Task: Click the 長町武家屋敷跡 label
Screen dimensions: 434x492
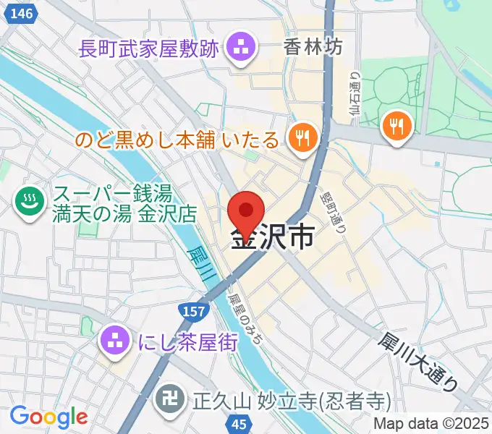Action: pos(148,50)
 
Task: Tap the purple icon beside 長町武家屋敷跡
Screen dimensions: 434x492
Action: pos(238,49)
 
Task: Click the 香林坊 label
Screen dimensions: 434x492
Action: pos(313,48)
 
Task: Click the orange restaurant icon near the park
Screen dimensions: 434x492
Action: pos(396,126)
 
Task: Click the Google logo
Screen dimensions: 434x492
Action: pos(48,416)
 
